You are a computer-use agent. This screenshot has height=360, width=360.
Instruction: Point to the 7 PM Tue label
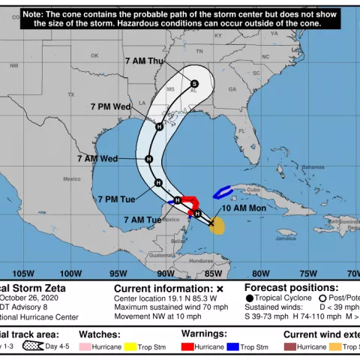[x=116, y=199]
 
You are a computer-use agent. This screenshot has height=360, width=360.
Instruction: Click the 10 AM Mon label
[x=244, y=207]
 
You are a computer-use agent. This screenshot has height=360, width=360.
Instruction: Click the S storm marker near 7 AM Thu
[x=194, y=83]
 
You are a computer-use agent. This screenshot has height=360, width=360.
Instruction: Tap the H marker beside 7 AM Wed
[x=148, y=159]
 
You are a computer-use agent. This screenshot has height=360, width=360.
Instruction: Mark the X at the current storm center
[x=211, y=223]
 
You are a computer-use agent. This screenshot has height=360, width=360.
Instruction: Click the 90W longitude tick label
[x=166, y=273]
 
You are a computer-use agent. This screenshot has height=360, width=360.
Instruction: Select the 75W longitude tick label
[x=308, y=273]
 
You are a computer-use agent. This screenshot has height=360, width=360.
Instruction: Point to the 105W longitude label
[x=24, y=273]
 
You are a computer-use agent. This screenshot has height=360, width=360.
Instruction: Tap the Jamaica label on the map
[x=286, y=238]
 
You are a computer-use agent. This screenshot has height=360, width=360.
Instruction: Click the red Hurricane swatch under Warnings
[x=187, y=347]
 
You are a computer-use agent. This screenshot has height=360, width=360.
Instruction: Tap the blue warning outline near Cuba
[x=223, y=193]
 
